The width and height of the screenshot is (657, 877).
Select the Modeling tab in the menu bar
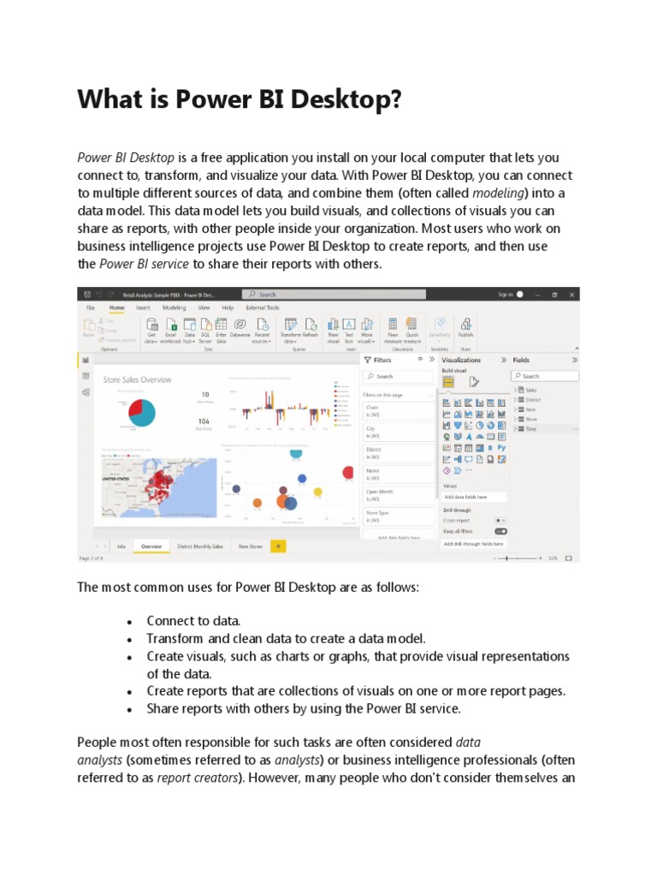click(x=175, y=307)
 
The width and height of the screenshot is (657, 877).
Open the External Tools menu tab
click(x=262, y=307)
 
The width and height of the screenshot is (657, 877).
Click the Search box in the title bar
click(x=334, y=294)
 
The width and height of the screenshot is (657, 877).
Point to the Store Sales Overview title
click(x=137, y=379)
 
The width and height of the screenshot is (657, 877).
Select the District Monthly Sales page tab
click(x=199, y=546)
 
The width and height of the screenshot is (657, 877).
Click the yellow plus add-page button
click(x=277, y=546)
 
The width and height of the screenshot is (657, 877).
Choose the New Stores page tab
click(x=250, y=546)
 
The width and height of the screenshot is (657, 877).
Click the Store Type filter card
click(x=399, y=516)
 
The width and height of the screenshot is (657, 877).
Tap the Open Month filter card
click(x=399, y=495)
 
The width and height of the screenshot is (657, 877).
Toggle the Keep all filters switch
click(x=500, y=531)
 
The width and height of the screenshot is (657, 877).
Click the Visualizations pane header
click(x=462, y=361)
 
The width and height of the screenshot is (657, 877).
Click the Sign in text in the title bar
click(x=506, y=294)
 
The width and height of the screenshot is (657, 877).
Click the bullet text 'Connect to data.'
click(x=193, y=621)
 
